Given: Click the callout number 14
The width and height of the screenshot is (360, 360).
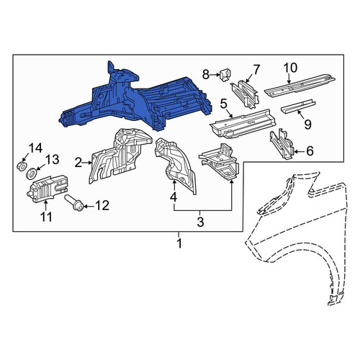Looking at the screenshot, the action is pyautogui.click(x=35, y=148).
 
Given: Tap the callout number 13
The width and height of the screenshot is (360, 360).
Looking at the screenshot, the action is pyautogui.click(x=52, y=160).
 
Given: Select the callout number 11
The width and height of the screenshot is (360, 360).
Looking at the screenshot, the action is pyautogui.click(x=46, y=217).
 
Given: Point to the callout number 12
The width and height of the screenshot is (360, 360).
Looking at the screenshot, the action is pyautogui.click(x=102, y=206).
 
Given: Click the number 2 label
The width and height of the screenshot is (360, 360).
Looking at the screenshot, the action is pyautogui.click(x=78, y=163).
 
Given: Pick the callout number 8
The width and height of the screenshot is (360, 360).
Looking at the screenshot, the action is pyautogui.click(x=206, y=75).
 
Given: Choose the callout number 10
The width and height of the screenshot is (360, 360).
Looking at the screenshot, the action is pyautogui.click(x=290, y=68).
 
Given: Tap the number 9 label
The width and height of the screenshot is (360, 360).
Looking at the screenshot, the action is pyautogui.click(x=307, y=125).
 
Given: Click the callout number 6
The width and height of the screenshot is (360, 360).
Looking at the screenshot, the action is pyautogui.click(x=310, y=151).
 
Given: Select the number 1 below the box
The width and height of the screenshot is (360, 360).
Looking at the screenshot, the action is pyautogui.click(x=179, y=244).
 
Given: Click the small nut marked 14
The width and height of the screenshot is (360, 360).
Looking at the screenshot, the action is pyautogui.click(x=22, y=166).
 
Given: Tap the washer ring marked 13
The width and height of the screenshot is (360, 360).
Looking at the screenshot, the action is pyautogui.click(x=31, y=174).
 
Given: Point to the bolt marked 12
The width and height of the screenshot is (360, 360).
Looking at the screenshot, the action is pyautogui.click(x=74, y=203).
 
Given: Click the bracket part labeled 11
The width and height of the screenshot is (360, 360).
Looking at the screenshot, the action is pyautogui.click(x=48, y=188).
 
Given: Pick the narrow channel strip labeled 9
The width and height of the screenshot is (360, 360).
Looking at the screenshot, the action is pyautogui.click(x=298, y=107).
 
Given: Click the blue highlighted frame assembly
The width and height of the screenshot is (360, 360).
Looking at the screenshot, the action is pyautogui.click(x=135, y=99).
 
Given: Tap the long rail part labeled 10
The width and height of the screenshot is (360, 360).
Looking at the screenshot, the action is pyautogui.click(x=300, y=86).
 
